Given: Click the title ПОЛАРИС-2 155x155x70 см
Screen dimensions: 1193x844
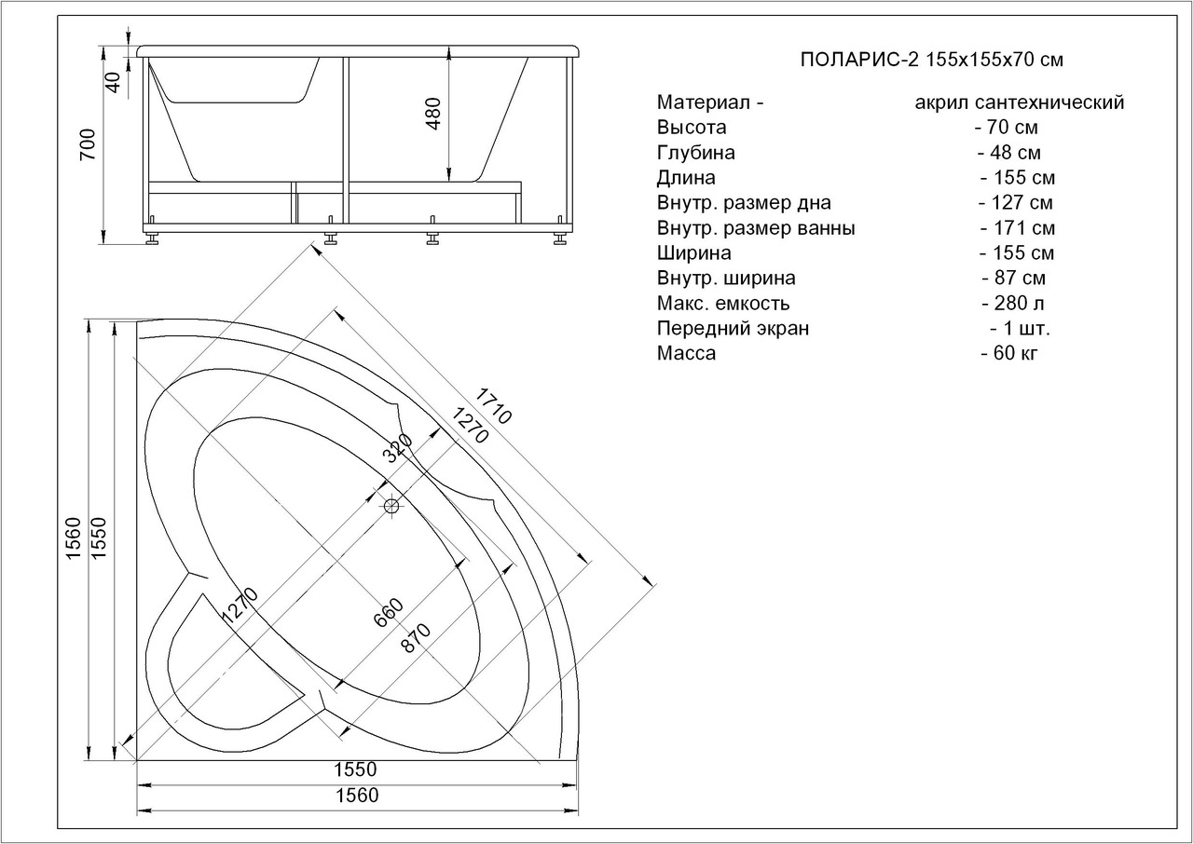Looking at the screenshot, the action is tap(932, 59).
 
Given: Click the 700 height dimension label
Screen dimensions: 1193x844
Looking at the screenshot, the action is tap(88, 144).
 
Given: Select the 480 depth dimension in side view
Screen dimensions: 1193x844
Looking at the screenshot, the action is tap(433, 114).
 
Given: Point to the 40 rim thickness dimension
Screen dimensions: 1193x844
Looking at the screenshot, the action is tap(114, 82).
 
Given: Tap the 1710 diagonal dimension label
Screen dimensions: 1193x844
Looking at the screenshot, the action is tap(493, 405).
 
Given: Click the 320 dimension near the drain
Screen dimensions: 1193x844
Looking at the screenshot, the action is tap(397, 448).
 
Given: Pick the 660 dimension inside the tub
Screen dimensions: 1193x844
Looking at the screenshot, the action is tap(388, 613).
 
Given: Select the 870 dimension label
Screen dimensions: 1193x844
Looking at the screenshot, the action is tap(416, 638).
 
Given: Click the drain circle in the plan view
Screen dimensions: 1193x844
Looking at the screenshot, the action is tap(391, 505).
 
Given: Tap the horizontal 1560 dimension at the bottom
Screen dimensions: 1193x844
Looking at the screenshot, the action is tap(357, 796).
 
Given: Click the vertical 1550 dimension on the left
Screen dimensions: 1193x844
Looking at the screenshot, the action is tap(100, 538).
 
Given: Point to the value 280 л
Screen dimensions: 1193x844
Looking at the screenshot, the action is tap(1013, 303).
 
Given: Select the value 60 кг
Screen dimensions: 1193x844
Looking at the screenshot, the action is tap(1009, 353).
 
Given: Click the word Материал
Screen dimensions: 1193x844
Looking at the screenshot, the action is tap(704, 102).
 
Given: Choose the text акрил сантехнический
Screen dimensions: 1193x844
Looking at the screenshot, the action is tap(1020, 102).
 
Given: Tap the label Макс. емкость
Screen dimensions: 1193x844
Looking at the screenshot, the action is tap(723, 304).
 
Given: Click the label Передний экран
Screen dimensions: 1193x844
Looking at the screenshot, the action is tap(733, 328).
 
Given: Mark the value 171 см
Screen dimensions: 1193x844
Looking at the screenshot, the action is tap(1018, 227).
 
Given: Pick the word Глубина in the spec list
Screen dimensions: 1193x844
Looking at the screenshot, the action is tap(695, 153).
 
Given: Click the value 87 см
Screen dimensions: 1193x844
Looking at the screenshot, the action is tap(1014, 278).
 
